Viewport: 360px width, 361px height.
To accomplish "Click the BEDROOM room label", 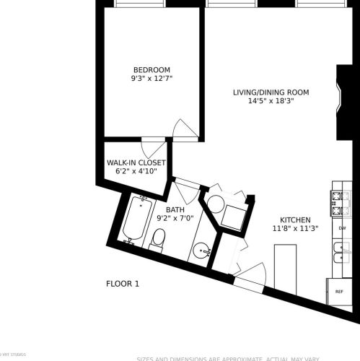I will pyautogui.click(x=152, y=69).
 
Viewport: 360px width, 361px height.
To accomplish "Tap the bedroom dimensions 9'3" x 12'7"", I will pyautogui.click(x=152, y=78).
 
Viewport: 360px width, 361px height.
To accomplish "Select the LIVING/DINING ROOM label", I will pyautogui.click(x=271, y=92).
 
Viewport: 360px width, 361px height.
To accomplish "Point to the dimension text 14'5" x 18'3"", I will pyautogui.click(x=271, y=101).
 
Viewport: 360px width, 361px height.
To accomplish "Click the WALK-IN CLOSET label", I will pyautogui.click(x=136, y=163).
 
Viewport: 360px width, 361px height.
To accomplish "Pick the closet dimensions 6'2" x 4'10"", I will pyautogui.click(x=136, y=173).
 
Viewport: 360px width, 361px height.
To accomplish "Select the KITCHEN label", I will pyautogui.click(x=295, y=220).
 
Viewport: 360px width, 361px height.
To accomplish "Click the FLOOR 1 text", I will pyautogui.click(x=123, y=284).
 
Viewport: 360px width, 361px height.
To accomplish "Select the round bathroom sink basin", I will pyautogui.click(x=203, y=251).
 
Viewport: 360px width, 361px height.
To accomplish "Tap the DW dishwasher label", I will pyautogui.click(x=341, y=228).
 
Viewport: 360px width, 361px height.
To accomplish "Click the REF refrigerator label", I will pyautogui.click(x=339, y=292).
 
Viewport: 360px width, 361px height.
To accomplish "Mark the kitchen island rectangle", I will pyautogui.click(x=286, y=266).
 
